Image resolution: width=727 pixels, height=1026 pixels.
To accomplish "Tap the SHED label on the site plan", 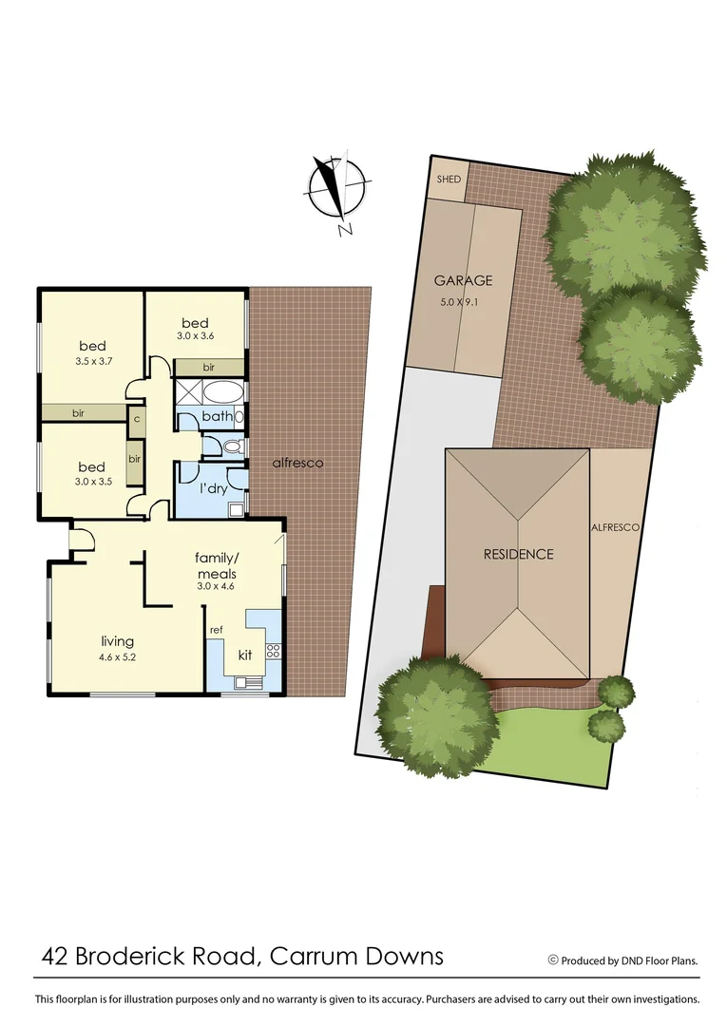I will (448, 180).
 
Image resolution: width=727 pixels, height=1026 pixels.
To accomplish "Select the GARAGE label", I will (463, 280).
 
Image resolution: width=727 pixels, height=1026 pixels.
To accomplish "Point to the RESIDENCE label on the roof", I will (517, 554).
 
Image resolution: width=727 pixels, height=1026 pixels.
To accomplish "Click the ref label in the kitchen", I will (216, 629).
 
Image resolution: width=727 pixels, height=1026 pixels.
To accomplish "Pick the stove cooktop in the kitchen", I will (272, 651).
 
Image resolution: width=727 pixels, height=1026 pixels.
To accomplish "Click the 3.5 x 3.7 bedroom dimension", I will (92, 362).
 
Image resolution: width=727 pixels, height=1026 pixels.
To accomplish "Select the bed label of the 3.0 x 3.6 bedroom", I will (195, 323).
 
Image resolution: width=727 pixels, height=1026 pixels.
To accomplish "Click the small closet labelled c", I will (137, 418).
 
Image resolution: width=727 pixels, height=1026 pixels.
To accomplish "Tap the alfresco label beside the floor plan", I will (297, 463).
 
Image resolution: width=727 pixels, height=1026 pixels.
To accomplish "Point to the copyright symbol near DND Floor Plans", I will (553, 960).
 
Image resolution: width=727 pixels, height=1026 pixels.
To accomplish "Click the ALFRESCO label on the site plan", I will (615, 526).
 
